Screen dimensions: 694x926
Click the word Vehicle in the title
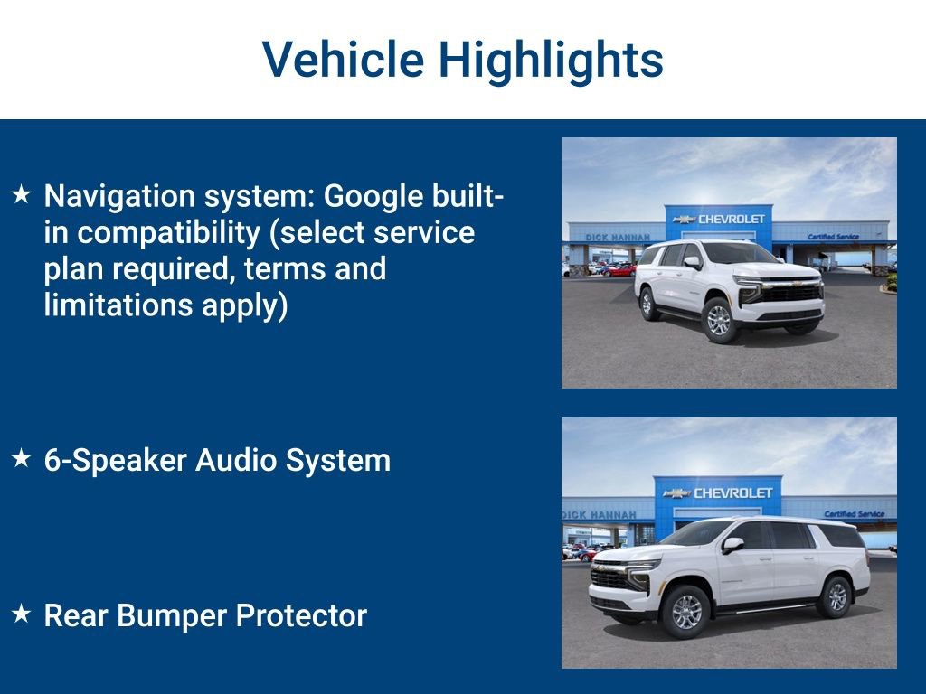coord(343,60)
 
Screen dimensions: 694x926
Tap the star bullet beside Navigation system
coord(22,194)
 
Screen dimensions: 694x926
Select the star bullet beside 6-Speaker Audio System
coord(22,459)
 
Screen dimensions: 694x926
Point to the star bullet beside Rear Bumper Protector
coord(22,614)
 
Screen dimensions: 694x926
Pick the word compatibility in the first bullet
coord(173,232)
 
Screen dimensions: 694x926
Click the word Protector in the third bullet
coord(301,615)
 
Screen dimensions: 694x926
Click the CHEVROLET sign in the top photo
coord(731,219)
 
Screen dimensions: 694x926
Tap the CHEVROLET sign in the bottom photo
coord(732,492)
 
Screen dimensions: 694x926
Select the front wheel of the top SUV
coord(720,319)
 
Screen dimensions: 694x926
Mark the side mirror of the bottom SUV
coord(731,545)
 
